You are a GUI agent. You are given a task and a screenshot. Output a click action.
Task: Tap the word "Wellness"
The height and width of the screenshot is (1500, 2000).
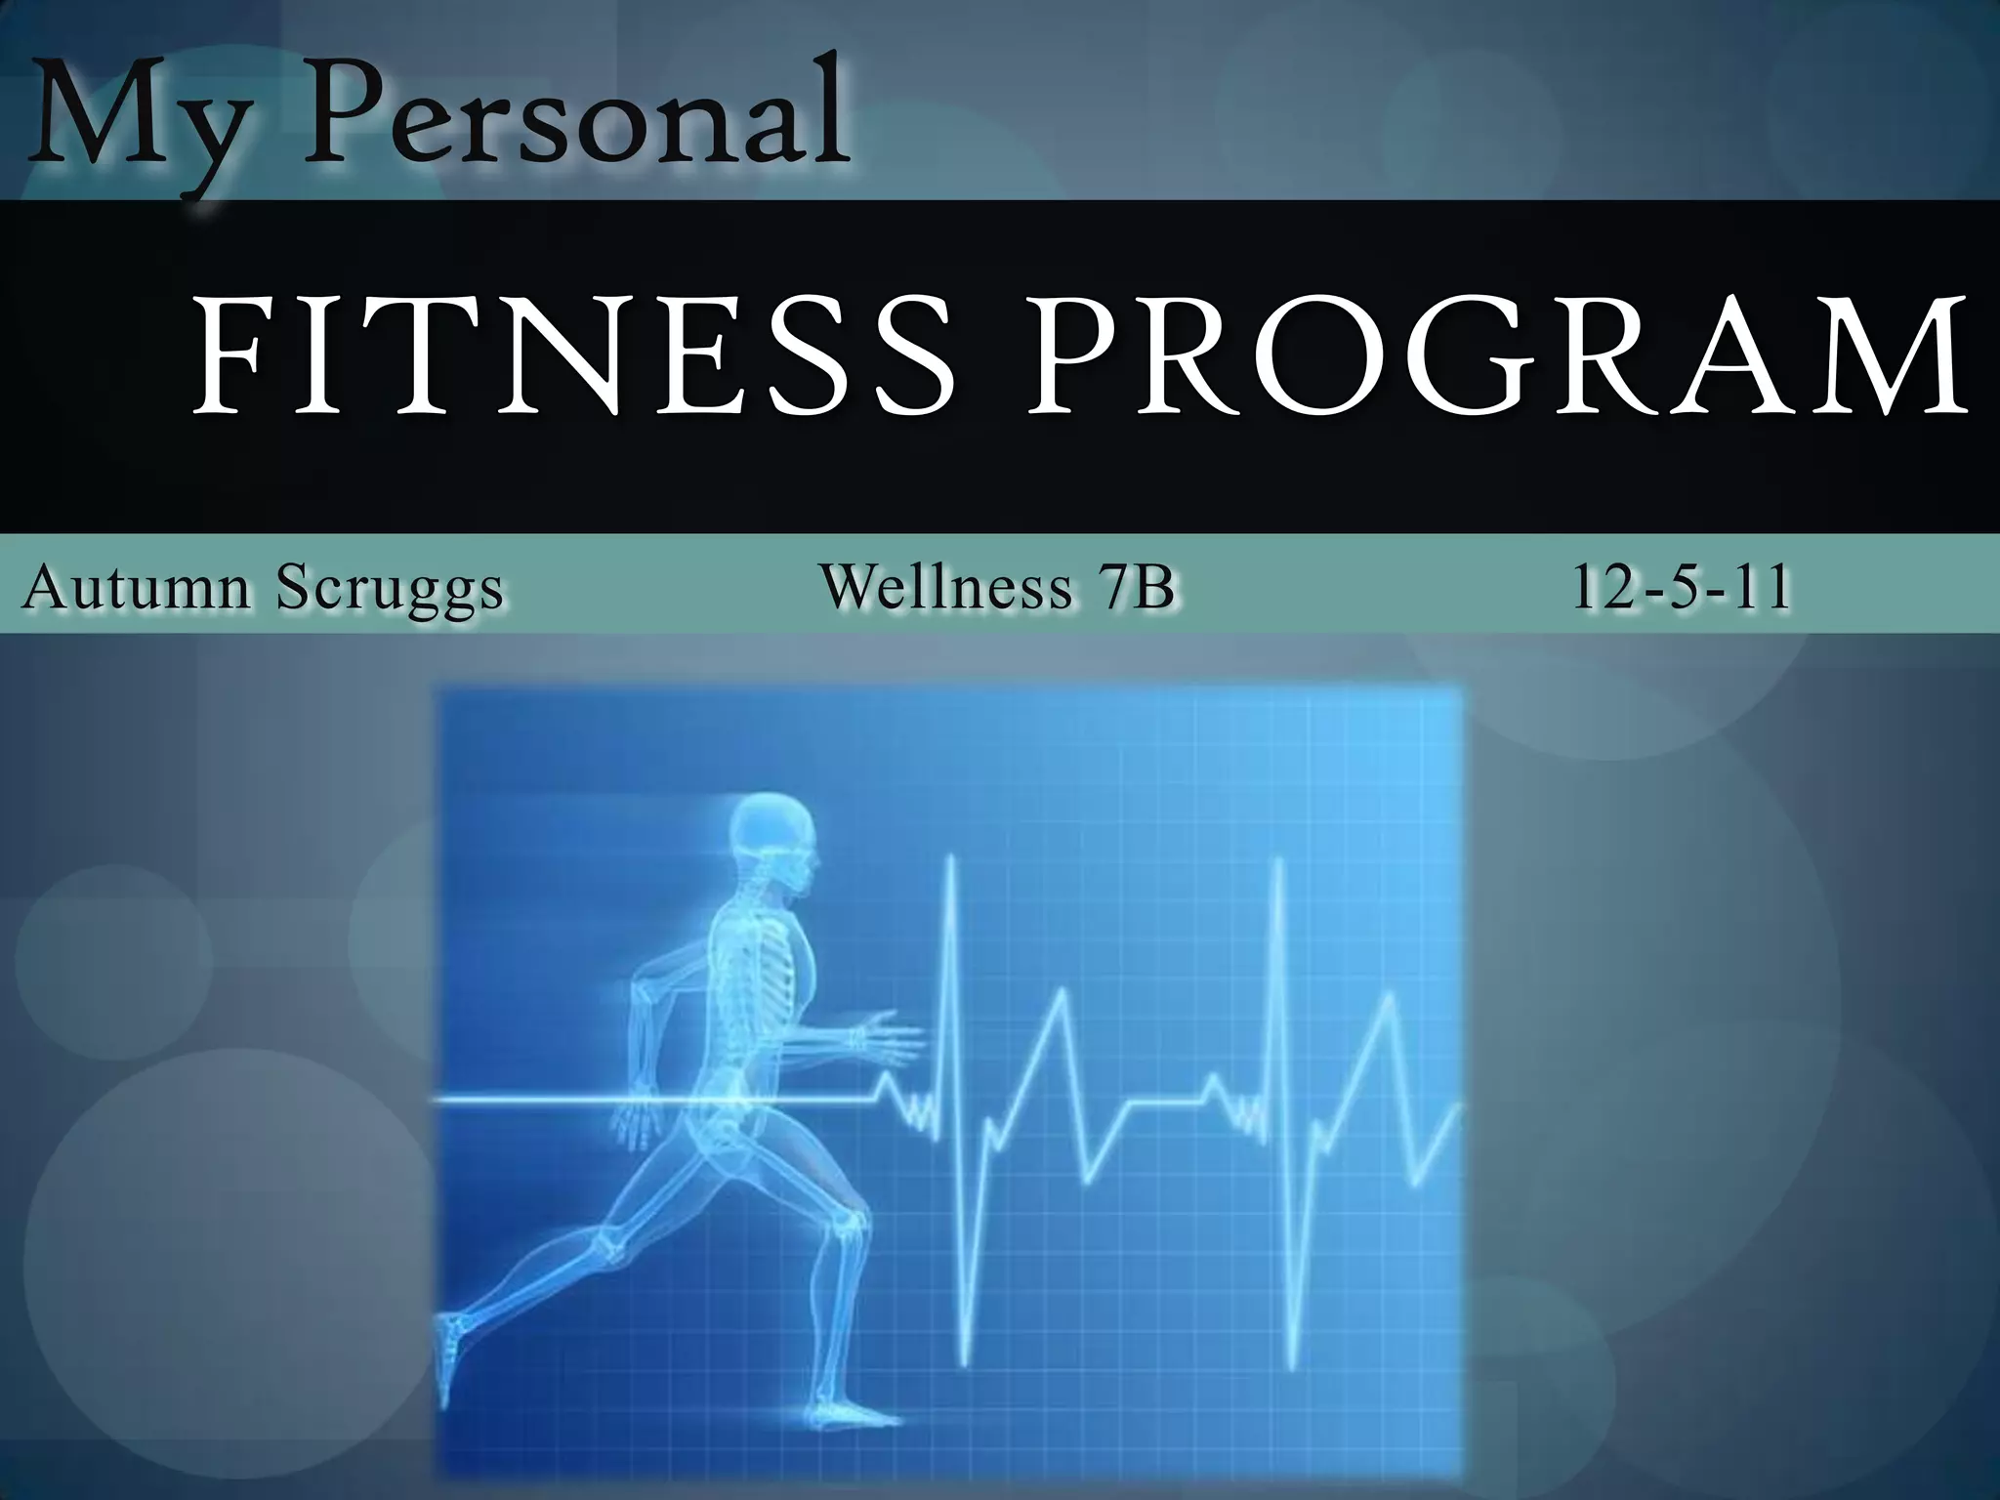945,588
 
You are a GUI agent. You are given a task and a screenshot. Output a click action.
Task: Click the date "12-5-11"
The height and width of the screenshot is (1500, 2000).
1681,588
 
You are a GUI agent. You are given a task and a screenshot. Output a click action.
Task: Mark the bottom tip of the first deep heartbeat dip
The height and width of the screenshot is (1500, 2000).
965,1363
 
